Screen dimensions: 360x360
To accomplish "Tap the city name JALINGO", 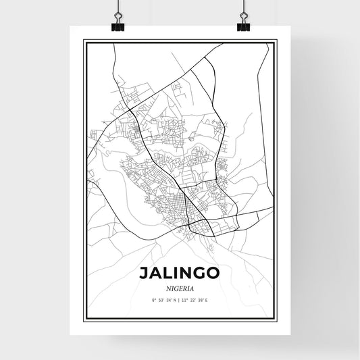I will click(180, 274).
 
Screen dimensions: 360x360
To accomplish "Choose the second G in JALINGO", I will click(201, 274).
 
